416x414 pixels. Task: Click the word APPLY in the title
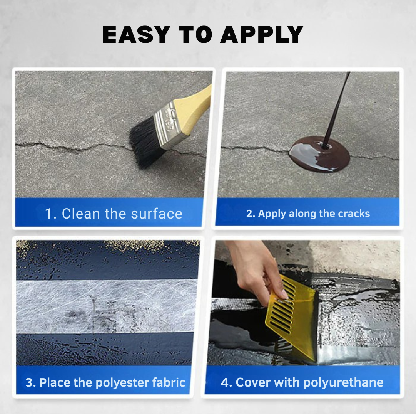pyautogui.click(x=262, y=35)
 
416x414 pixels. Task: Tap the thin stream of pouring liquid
pyautogui.click(x=339, y=104)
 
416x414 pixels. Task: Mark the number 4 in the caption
pyautogui.click(x=225, y=382)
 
